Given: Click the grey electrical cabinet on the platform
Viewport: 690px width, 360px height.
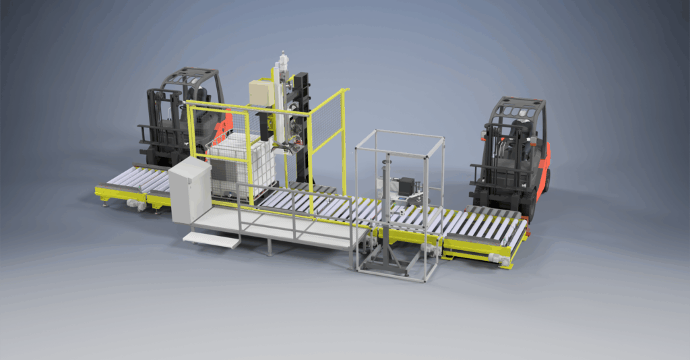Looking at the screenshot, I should click(189, 189).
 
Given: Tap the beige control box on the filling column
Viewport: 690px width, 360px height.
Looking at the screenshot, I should click(260, 93).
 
